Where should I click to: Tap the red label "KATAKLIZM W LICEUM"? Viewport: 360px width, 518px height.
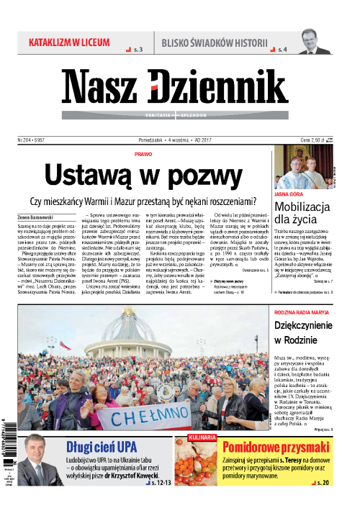[x=68, y=42]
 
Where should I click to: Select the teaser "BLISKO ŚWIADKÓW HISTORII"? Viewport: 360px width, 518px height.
[x=210, y=42]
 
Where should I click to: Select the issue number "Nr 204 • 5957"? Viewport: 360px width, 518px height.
[x=35, y=140]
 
